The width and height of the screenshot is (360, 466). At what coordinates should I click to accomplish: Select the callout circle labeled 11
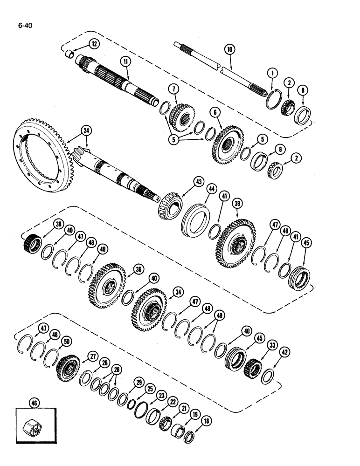[125, 61]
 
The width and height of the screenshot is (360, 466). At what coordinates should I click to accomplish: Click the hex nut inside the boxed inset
[33, 425]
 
